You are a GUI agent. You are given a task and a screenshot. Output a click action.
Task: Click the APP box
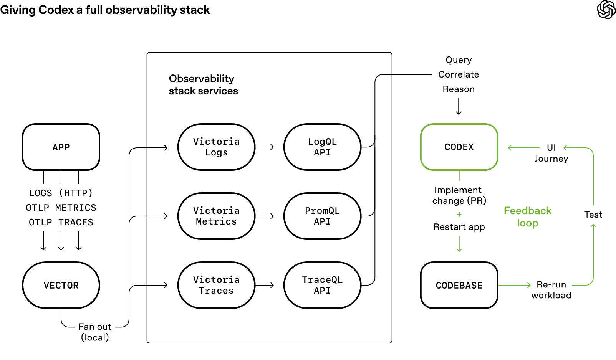61,147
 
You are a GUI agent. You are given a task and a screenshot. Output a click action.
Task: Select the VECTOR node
61,285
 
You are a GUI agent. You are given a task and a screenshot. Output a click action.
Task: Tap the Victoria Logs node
217,147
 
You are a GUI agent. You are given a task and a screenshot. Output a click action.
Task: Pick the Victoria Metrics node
217,216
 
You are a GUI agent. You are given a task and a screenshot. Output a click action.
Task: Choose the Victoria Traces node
217,285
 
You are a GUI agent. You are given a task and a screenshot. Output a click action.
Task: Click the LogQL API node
322,147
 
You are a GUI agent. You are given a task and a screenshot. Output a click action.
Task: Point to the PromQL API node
322,216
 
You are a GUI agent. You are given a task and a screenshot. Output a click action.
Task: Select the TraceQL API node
322,285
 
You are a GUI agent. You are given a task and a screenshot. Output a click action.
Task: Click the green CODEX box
459,147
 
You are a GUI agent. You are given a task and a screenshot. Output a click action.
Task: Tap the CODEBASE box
459,285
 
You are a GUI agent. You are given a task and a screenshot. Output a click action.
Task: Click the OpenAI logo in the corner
606,10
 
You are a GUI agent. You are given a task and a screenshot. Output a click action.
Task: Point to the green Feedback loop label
528,217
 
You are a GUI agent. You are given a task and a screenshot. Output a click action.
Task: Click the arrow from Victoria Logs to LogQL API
265,147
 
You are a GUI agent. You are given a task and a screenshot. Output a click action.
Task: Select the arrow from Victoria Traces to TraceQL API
265,285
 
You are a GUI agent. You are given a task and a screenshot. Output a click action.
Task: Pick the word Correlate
459,74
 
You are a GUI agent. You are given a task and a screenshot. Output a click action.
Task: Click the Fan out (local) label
95,332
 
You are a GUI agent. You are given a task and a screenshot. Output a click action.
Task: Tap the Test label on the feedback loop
593,215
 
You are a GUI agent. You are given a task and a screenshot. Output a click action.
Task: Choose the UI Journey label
551,153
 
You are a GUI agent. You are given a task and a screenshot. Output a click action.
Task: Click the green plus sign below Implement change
459,215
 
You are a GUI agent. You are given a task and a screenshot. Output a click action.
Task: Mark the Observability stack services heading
203,85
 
